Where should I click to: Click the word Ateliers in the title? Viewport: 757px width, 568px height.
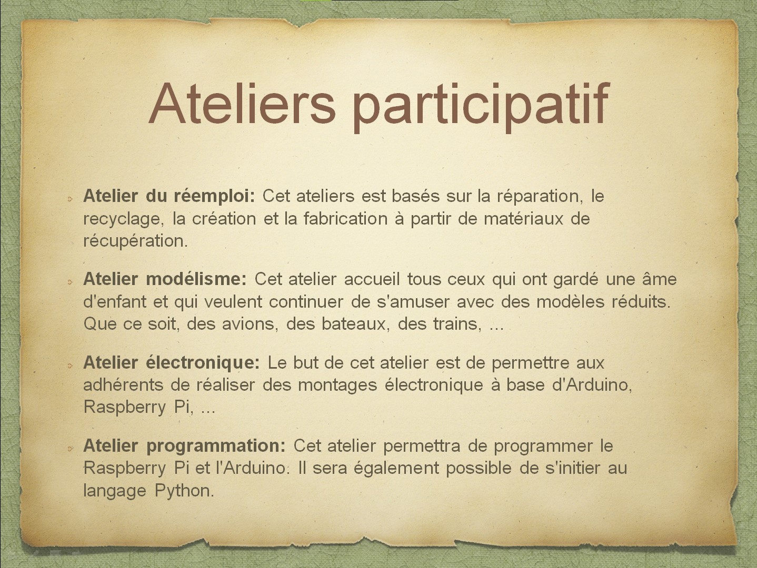tap(242, 103)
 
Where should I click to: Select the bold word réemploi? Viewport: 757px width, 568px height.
tap(214, 197)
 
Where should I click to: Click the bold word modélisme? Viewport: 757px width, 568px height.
tap(196, 279)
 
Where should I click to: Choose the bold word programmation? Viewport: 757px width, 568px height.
tap(215, 447)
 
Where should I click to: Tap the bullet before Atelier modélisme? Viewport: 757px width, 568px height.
tap(70, 282)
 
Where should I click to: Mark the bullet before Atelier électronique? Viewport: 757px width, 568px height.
tap(70, 366)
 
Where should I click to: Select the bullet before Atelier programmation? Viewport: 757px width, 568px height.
tap(70, 449)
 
